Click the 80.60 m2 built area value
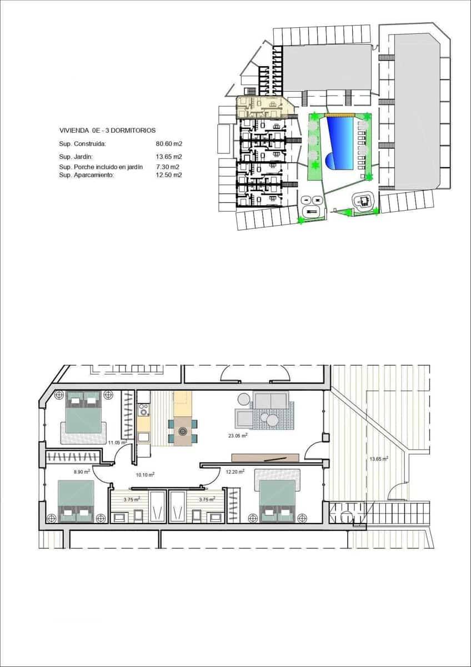click(x=169, y=143)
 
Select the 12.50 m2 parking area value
click(x=169, y=175)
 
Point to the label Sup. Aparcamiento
click(x=86, y=175)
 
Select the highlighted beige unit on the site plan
click(x=261, y=106)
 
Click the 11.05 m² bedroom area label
click(x=117, y=442)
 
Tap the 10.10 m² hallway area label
click(x=145, y=475)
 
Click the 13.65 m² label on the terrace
click(x=378, y=459)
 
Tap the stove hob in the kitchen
click(x=144, y=410)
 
